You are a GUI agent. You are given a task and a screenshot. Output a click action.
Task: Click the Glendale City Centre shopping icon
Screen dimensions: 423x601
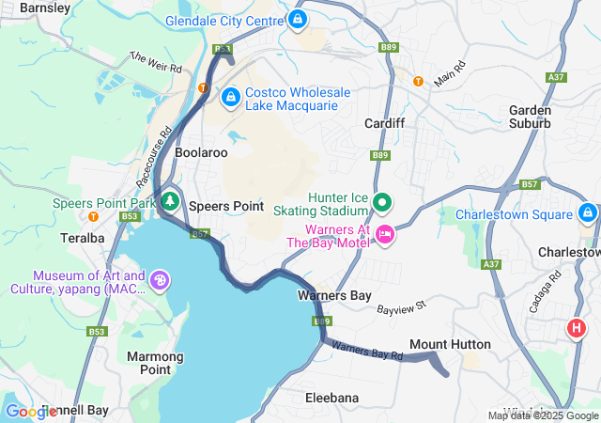click(298, 19)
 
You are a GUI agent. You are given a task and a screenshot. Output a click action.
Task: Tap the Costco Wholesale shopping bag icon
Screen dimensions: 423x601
click(230, 96)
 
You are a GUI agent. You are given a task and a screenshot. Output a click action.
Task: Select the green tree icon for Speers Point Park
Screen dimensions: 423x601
click(170, 201)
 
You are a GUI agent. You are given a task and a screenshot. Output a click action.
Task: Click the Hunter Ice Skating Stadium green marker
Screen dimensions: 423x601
click(383, 202)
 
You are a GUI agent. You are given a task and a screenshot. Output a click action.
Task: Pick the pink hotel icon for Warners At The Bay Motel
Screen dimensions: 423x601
click(383, 233)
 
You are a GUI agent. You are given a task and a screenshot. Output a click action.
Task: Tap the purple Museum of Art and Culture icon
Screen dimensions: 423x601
click(160, 280)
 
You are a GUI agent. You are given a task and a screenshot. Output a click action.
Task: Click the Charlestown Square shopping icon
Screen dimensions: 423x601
click(588, 213)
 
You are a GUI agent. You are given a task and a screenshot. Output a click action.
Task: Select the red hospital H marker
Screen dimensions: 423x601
click(577, 328)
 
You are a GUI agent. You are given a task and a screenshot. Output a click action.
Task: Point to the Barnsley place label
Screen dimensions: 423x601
click(44, 8)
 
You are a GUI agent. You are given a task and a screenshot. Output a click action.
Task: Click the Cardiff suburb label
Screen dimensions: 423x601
click(384, 123)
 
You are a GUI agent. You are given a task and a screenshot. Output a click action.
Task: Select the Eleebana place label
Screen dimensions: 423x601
click(331, 398)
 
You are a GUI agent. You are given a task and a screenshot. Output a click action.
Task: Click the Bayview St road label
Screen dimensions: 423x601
click(402, 306)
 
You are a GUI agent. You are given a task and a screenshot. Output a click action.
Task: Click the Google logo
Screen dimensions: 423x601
click(30, 412)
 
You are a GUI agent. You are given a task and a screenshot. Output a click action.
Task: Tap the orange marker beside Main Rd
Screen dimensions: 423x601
click(418, 81)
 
